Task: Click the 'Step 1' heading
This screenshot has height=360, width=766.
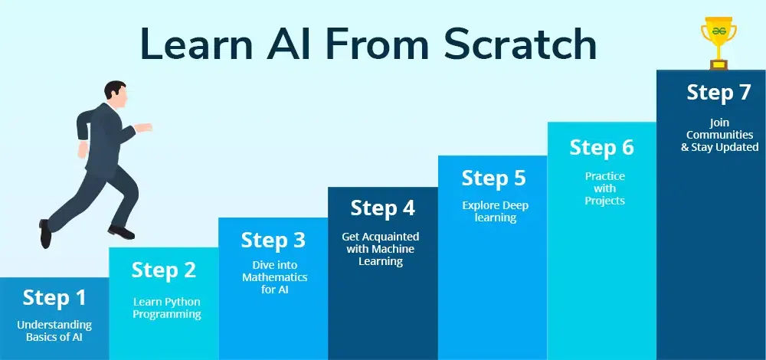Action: tap(54, 297)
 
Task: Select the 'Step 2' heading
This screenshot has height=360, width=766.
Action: tap(163, 270)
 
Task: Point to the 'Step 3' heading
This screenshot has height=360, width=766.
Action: tap(273, 240)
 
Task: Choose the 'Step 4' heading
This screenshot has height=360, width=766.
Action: tap(382, 208)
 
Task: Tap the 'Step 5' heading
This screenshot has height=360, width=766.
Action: tap(493, 178)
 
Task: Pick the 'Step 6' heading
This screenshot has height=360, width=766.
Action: tap(602, 147)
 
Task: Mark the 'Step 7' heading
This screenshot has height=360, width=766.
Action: tap(719, 92)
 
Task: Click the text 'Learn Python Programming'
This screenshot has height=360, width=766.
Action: tap(167, 308)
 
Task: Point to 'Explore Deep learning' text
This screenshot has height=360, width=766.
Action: tap(495, 211)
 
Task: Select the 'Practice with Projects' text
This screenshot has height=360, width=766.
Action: tap(604, 188)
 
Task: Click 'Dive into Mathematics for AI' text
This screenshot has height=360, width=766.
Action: tap(274, 277)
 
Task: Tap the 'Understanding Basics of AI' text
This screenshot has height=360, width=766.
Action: tap(54, 331)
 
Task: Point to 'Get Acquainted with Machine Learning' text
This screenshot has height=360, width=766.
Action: tap(381, 249)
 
